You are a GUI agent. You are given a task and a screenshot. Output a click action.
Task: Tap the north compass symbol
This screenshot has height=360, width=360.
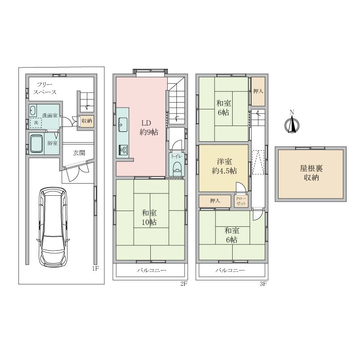point(292,124)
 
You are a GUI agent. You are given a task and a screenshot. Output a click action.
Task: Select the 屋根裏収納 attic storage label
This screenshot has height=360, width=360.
point(311,173)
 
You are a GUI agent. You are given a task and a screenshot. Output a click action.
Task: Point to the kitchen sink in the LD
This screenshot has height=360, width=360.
point(123,125)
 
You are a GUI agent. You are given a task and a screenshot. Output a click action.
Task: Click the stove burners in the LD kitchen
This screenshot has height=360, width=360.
point(124,150)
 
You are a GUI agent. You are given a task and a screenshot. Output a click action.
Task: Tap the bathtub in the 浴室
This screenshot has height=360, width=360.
point(36,143)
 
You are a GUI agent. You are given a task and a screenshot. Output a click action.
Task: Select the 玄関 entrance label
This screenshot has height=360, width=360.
point(79,153)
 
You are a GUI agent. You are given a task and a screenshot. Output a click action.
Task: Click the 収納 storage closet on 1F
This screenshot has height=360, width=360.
point(87,121)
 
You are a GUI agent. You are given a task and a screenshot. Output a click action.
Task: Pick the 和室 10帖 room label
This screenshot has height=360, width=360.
point(149,217)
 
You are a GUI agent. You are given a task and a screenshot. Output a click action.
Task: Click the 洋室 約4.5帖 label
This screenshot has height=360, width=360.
point(224,166)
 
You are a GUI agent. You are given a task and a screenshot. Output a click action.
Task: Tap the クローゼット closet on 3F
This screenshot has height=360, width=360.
point(241,201)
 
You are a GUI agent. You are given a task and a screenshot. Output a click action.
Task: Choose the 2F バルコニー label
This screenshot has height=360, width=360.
point(152,270)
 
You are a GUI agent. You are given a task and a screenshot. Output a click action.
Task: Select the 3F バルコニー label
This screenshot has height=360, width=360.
point(230,270)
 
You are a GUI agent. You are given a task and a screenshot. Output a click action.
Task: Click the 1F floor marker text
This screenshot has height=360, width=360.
point(95,268)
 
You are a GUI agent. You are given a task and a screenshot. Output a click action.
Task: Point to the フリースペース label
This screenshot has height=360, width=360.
point(45,88)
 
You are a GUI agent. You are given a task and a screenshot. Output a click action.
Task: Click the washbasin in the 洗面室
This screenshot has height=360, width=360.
point(32,110)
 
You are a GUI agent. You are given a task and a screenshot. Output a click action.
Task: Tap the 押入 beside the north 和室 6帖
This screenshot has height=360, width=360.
point(258,91)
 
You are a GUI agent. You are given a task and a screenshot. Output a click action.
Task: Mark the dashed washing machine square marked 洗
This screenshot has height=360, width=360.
point(36,123)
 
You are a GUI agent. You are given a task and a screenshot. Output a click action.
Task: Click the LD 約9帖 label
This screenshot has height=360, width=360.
point(149,128)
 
